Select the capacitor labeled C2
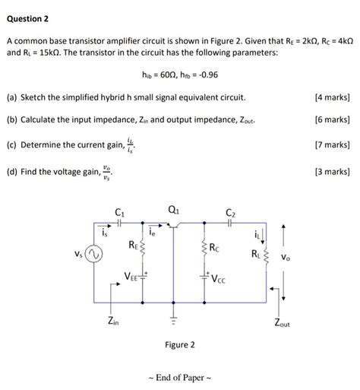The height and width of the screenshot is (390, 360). coord(230,227)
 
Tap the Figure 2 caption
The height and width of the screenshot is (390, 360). coord(180,344)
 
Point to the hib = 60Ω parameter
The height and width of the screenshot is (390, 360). coord(156,76)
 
